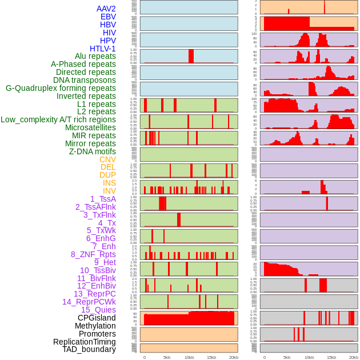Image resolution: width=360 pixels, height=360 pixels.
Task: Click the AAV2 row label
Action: (x=106, y=9)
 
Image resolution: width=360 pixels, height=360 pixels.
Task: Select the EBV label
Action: (x=108, y=17)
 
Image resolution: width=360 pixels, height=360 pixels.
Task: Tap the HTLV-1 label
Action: (x=103, y=49)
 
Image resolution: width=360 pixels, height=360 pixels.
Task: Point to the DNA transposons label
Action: (x=85, y=80)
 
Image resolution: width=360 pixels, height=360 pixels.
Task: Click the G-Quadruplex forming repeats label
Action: (x=61, y=88)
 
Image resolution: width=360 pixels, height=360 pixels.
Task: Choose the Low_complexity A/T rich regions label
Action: (x=58, y=119)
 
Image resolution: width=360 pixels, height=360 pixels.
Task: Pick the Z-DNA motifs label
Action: (x=93, y=151)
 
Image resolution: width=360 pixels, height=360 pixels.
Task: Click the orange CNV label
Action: (x=107, y=159)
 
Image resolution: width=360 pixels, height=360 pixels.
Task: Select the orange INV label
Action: (x=109, y=191)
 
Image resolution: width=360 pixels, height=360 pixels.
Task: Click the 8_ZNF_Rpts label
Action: (x=93, y=254)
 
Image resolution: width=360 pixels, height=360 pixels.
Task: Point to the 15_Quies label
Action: (x=98, y=310)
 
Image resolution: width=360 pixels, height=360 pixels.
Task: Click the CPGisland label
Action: (x=97, y=318)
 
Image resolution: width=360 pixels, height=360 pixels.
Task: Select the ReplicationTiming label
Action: (x=85, y=342)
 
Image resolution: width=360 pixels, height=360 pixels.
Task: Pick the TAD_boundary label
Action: (x=89, y=349)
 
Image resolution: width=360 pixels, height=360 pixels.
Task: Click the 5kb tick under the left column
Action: (x=167, y=357)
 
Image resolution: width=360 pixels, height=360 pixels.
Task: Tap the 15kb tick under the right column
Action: (x=331, y=357)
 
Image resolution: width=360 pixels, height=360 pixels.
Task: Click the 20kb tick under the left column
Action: (x=234, y=357)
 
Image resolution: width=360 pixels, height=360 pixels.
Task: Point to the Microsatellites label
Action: (x=90, y=127)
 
